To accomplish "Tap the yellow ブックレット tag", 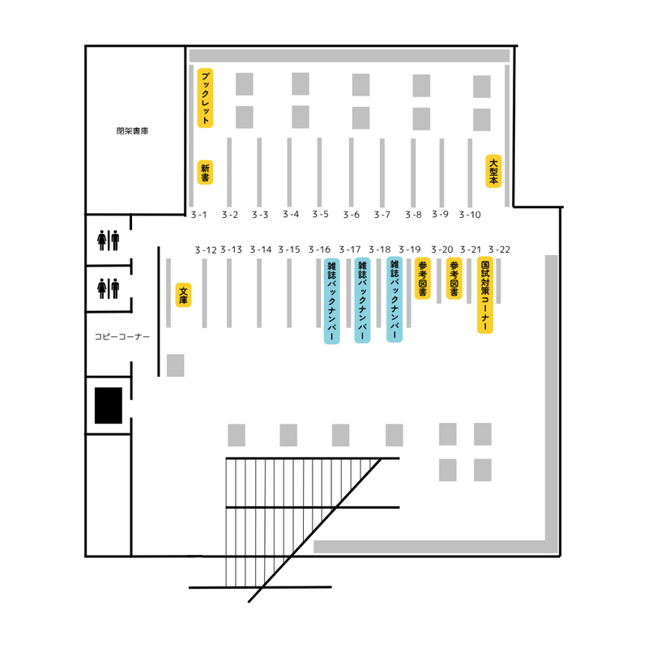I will tap(205, 98).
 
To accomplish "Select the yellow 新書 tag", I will tap(205, 173).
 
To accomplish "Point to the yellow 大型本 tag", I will tap(493, 171).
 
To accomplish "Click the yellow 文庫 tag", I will tap(184, 295).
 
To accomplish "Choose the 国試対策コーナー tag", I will tap(485, 296).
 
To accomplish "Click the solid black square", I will tap(109, 405).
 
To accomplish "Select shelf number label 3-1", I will tap(199, 215).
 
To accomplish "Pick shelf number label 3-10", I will tap(470, 215).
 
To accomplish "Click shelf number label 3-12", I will tap(206, 249).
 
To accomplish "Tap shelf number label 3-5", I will tap(320, 215).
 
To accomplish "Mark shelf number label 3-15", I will tap(290, 249).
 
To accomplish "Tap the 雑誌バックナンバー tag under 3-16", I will tap(331, 301).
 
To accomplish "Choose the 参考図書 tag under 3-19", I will tap(423, 279).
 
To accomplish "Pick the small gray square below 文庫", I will tap(176, 365).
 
